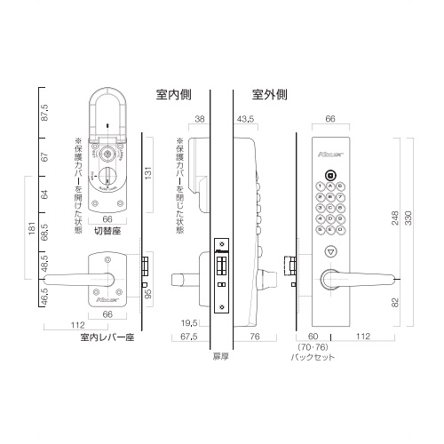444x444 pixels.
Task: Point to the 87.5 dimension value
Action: coord(44,113)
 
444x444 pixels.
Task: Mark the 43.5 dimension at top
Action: coord(246,118)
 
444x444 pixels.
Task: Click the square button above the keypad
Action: coord(329,175)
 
